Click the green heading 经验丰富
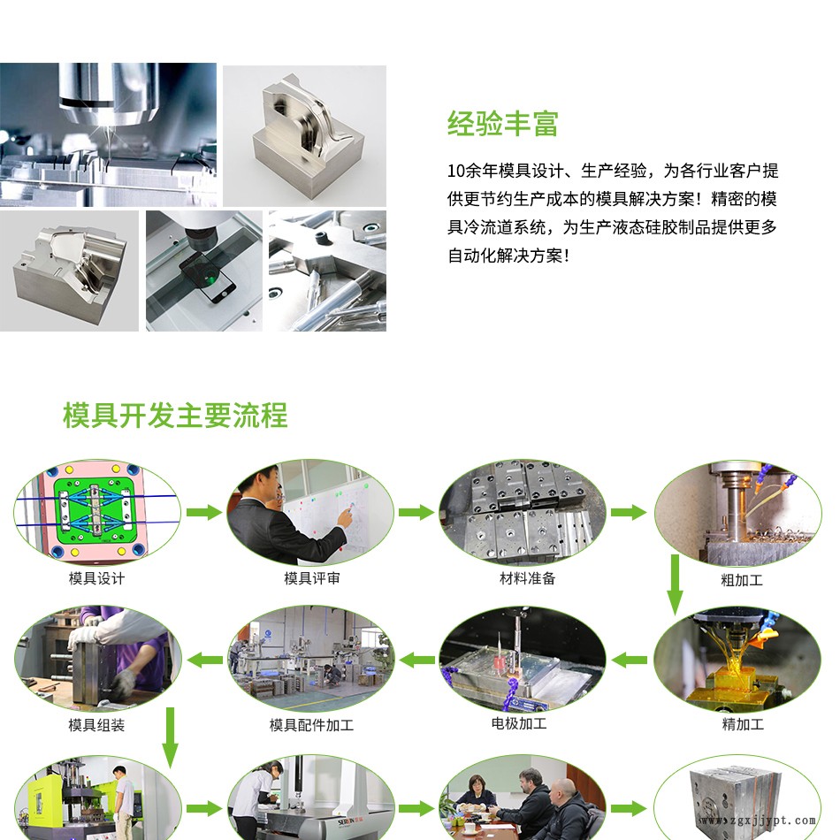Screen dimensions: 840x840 (x=502, y=124)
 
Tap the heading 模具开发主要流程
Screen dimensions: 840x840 (x=175, y=416)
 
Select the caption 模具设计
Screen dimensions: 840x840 (x=96, y=578)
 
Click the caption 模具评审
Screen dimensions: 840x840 (x=312, y=578)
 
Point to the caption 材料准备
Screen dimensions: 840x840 (x=527, y=578)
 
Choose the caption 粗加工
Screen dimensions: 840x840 (x=742, y=580)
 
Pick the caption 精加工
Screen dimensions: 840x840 (x=743, y=724)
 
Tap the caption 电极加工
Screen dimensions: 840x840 (x=518, y=724)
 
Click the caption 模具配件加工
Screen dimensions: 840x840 (x=311, y=725)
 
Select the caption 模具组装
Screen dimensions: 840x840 (x=96, y=725)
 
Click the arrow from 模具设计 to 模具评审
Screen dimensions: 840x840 (x=204, y=513)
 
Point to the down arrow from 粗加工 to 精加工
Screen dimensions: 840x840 (x=675, y=584)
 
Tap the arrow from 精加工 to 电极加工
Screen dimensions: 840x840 (x=629, y=660)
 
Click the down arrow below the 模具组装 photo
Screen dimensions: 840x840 (x=170, y=737)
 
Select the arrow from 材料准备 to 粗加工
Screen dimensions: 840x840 (x=629, y=513)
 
